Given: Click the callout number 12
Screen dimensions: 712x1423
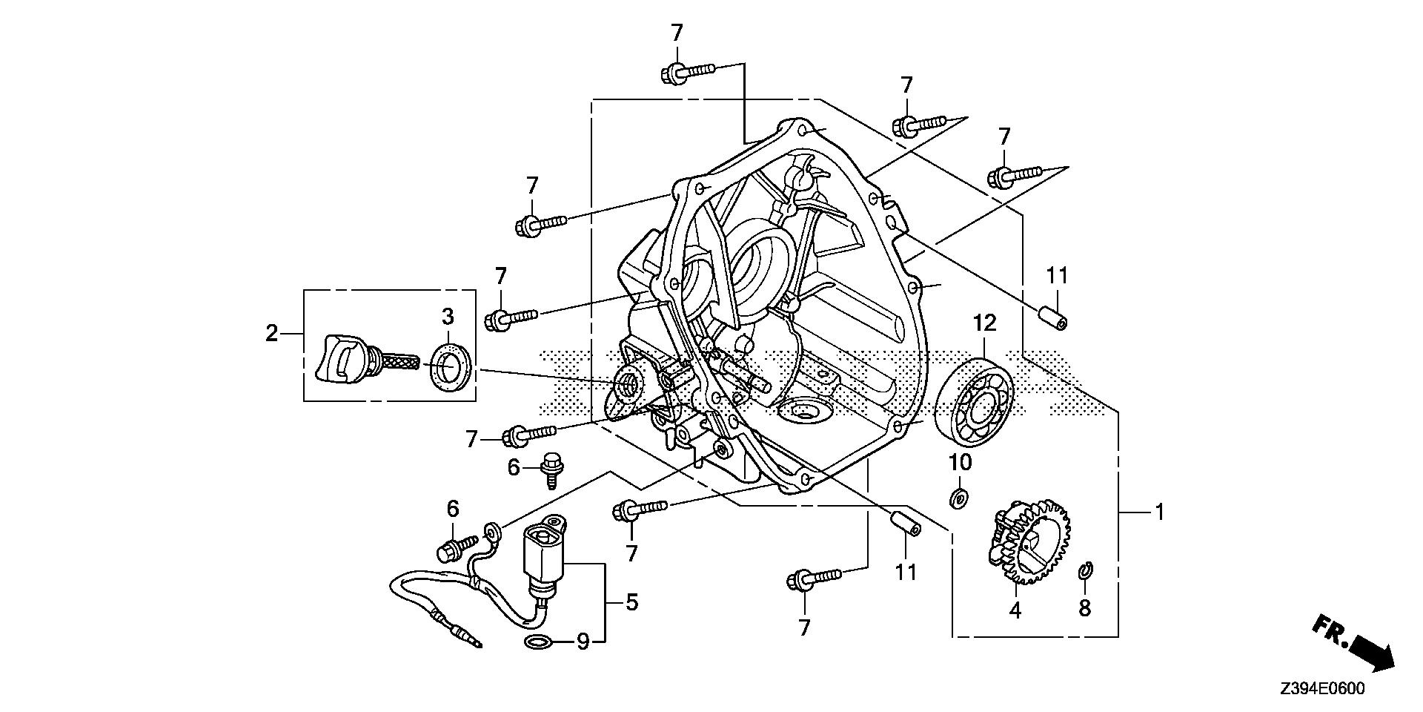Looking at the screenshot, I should pos(985,324).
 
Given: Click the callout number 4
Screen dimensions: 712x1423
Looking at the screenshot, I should pos(1015,611).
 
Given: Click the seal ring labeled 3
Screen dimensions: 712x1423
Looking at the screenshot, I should pos(448,366).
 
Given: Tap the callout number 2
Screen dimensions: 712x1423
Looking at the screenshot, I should pos(272,334).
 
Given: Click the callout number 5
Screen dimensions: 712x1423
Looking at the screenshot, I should pos(631,602).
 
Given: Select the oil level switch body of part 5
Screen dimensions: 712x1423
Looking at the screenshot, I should pos(544,553).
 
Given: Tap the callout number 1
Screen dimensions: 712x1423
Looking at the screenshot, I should pos(1159,512).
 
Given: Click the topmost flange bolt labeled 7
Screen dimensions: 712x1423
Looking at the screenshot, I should pos(686,72).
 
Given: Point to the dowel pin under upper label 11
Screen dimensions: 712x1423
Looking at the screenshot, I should pos(1054,317).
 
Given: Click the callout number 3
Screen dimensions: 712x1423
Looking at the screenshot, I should pos(448,317).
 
